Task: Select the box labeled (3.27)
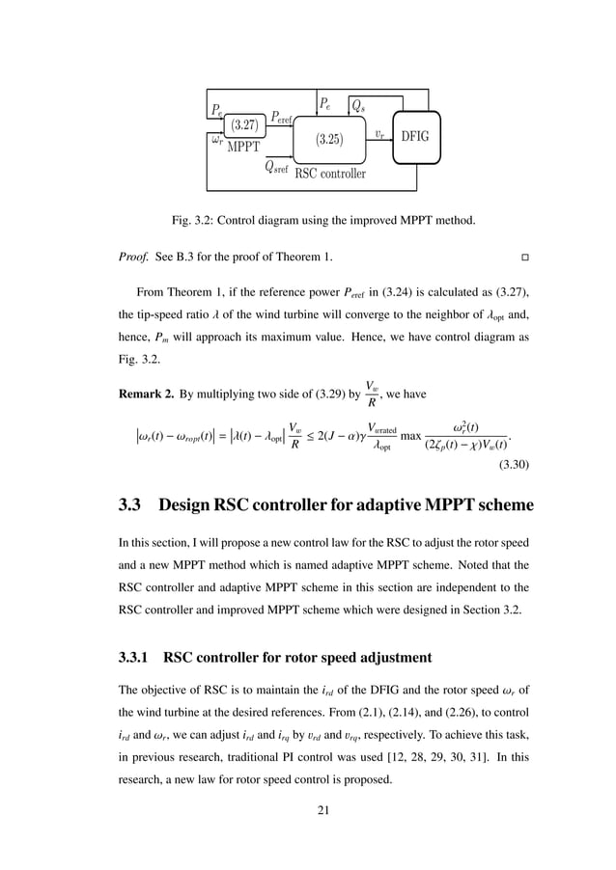click(x=238, y=124)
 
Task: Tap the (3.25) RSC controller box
click(x=329, y=140)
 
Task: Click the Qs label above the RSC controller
click(x=356, y=103)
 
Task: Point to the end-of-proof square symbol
click(x=525, y=259)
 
